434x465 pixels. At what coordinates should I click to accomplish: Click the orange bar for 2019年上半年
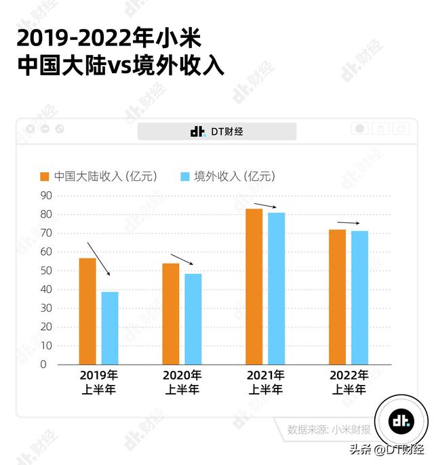(87, 311)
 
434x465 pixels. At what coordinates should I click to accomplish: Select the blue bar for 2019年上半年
(110, 328)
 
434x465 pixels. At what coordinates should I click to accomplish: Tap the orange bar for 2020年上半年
(171, 314)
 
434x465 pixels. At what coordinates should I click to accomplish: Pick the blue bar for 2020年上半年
(193, 319)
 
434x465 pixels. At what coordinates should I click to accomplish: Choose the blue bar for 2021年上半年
(277, 288)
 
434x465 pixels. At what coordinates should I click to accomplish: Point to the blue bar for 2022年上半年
(359, 298)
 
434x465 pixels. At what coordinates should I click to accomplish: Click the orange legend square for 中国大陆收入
(45, 177)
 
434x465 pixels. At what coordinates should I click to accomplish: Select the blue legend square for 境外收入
(184, 177)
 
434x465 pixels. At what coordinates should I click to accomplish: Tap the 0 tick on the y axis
(43, 364)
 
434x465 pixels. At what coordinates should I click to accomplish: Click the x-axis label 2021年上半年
(265, 382)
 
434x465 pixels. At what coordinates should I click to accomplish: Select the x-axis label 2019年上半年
(99, 382)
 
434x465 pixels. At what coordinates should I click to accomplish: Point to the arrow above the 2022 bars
(349, 223)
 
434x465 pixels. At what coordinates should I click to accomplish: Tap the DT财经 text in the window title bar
(226, 132)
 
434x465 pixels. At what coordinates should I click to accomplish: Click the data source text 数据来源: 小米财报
(329, 429)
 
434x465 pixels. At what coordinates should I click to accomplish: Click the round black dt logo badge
(401, 421)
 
